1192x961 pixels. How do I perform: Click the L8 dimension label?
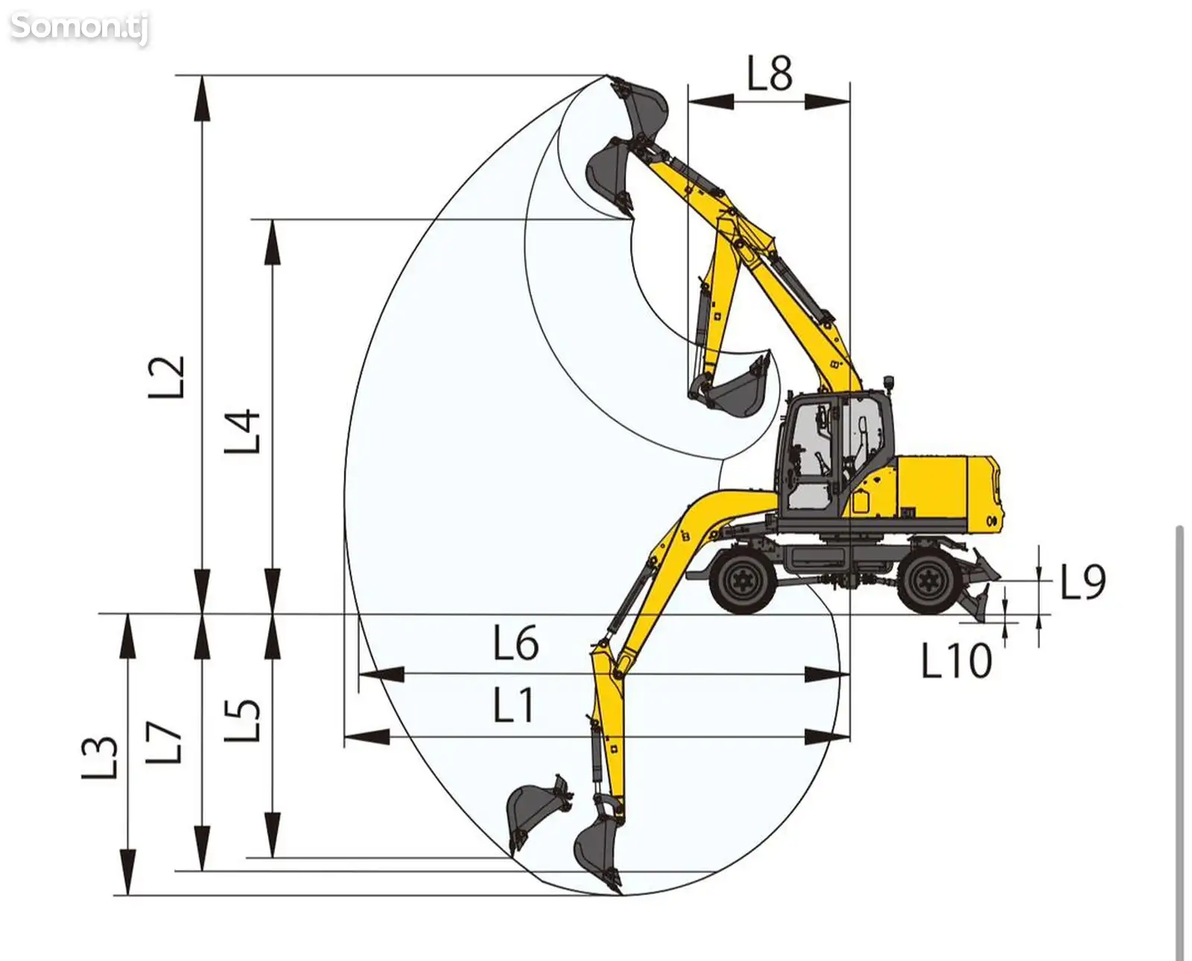coord(770,73)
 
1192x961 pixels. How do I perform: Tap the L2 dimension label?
coord(166,377)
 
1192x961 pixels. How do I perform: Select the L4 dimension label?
coord(242,432)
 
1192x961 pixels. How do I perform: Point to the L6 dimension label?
coord(516,642)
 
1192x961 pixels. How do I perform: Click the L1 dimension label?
coord(513,705)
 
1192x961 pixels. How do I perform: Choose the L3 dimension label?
coord(100,758)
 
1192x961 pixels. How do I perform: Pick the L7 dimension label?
coord(164,743)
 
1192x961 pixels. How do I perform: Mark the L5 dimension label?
coord(242,720)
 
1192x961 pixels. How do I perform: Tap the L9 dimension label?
coord(1083,582)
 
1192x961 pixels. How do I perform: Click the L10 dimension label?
coord(957,661)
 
